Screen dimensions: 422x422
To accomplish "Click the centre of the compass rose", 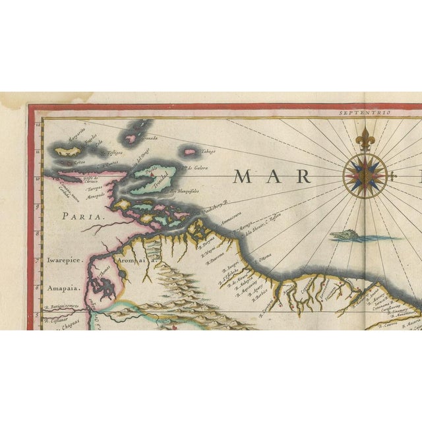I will [x=365, y=175].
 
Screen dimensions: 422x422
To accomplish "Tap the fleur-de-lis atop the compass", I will [x=365, y=138].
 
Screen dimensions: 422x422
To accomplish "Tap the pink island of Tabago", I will [x=190, y=152].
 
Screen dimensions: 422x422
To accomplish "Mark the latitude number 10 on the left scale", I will [x=38, y=177].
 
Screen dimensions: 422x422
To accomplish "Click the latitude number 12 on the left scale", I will [x=38, y=123].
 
